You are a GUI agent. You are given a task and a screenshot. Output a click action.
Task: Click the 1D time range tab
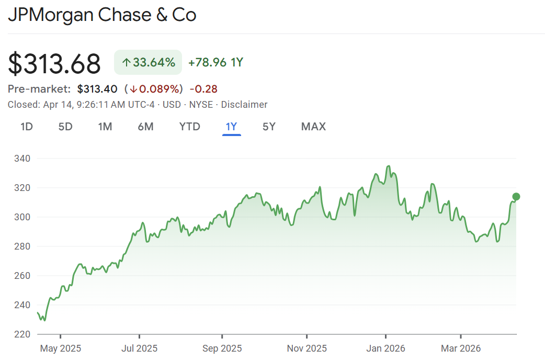click(x=27, y=127)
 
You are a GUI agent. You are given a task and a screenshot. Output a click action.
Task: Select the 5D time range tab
click(x=65, y=127)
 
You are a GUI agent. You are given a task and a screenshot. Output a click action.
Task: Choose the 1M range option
click(x=105, y=127)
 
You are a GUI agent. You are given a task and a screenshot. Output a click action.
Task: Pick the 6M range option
click(x=145, y=127)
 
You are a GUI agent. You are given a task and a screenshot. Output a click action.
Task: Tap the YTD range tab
click(x=189, y=127)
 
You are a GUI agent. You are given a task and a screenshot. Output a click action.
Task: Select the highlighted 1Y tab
click(x=231, y=127)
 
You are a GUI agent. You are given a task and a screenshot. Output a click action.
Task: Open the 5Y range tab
click(x=269, y=127)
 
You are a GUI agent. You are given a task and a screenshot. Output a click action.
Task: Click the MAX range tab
click(x=313, y=127)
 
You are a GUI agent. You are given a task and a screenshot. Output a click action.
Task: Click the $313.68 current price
click(x=54, y=64)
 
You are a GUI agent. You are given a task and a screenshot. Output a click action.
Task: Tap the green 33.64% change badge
click(x=148, y=63)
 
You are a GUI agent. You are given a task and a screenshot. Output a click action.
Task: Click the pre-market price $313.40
click(x=97, y=89)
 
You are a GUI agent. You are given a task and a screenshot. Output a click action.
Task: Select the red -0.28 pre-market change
click(x=203, y=89)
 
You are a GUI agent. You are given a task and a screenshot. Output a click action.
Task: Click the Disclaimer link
click(x=244, y=105)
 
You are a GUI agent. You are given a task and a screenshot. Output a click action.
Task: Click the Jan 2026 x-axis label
click(x=385, y=348)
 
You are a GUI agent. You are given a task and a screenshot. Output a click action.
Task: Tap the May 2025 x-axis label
click(x=60, y=348)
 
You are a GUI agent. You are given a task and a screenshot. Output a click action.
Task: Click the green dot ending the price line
click(x=516, y=197)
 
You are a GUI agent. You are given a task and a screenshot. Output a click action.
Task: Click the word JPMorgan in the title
click(x=52, y=15)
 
